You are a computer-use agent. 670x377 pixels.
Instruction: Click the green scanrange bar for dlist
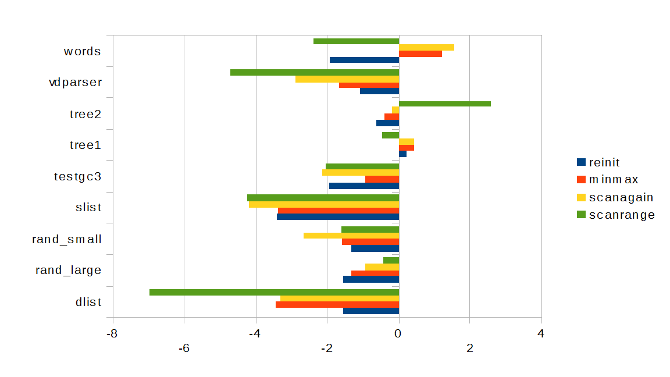coord(274,292)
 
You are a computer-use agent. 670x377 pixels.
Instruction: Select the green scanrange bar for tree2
coord(445,104)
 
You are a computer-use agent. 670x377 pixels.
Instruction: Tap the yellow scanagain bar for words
coord(426,47)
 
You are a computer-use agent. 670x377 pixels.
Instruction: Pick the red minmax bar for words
coord(420,54)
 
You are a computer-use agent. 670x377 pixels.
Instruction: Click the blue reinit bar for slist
coord(338,217)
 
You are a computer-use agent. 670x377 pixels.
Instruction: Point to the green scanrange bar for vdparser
coord(315,72)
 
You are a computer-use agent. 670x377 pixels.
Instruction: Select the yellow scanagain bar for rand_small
coord(351,236)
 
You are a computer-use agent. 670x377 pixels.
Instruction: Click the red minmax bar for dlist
coord(337,304)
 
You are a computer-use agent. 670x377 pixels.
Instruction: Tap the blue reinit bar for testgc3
coord(364,186)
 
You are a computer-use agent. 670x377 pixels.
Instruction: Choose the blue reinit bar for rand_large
coord(371,279)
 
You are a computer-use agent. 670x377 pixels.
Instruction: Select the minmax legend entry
coord(613,180)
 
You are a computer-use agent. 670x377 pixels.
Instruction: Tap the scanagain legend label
coord(621,197)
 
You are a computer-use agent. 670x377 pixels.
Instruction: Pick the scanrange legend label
coord(622,215)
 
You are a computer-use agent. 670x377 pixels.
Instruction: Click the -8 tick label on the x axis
coord(112,333)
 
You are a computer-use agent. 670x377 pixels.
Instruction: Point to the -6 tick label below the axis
coord(184,348)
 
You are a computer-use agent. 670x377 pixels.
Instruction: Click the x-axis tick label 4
coord(541,333)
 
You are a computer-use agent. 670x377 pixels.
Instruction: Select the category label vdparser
coord(76,82)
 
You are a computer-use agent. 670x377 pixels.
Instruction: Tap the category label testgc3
coord(77,176)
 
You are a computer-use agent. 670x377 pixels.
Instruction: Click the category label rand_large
coord(69,271)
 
